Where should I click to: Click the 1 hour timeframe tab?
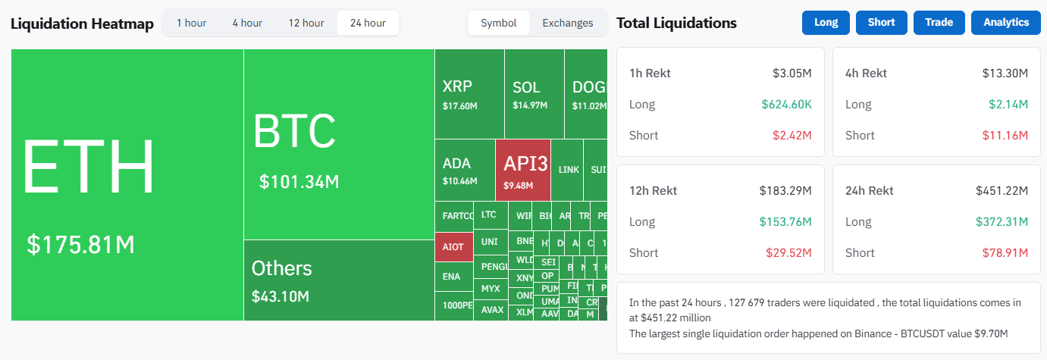pyautogui.click(x=191, y=23)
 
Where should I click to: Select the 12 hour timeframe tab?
pyautogui.click(x=306, y=23)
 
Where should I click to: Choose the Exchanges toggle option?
pyautogui.click(x=567, y=23)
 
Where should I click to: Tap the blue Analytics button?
pyautogui.click(x=1006, y=23)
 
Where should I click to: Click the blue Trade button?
pyautogui.click(x=939, y=23)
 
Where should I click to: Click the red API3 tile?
pyautogui.click(x=523, y=171)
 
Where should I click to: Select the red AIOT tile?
pyautogui.click(x=453, y=247)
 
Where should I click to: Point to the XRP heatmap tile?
pyautogui.click(x=469, y=94)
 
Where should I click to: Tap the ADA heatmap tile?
pyautogui.click(x=464, y=171)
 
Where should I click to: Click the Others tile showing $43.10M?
pyautogui.click(x=338, y=280)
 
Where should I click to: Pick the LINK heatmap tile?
pyautogui.click(x=569, y=170)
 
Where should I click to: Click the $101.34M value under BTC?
pyautogui.click(x=299, y=182)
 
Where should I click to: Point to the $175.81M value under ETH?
pyautogui.click(x=81, y=244)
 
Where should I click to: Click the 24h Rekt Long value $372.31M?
pyautogui.click(x=1002, y=222)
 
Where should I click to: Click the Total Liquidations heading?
pyautogui.click(x=676, y=23)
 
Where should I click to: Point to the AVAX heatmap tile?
pyautogui.click(x=491, y=310)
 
